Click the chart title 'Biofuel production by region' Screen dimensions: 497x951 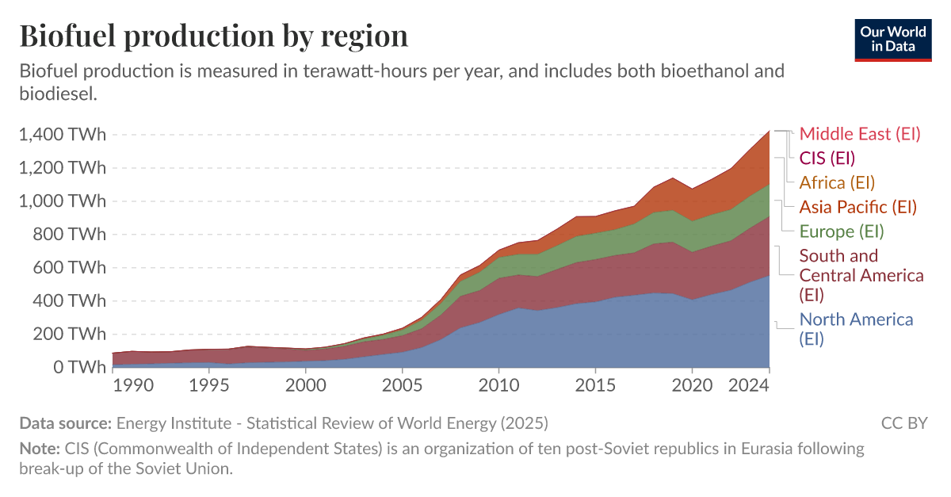(213, 36)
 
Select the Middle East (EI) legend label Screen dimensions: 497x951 (860, 134)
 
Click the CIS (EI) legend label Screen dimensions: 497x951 (827, 158)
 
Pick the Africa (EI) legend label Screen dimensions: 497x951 (837, 182)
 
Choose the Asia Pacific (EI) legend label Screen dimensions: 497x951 (857, 207)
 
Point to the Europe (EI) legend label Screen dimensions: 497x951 (841, 231)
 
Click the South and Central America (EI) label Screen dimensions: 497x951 (861, 275)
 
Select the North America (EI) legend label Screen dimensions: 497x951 (856, 329)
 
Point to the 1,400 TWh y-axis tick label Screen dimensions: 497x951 (62, 135)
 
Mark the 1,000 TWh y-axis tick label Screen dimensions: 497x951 (62, 201)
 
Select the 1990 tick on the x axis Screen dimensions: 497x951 (132, 384)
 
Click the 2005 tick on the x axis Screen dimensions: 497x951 (402, 384)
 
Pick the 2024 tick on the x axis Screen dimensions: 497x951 (749, 384)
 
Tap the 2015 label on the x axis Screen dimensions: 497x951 (595, 384)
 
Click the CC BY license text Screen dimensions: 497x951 (903, 422)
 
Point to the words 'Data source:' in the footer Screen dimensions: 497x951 (65, 422)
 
